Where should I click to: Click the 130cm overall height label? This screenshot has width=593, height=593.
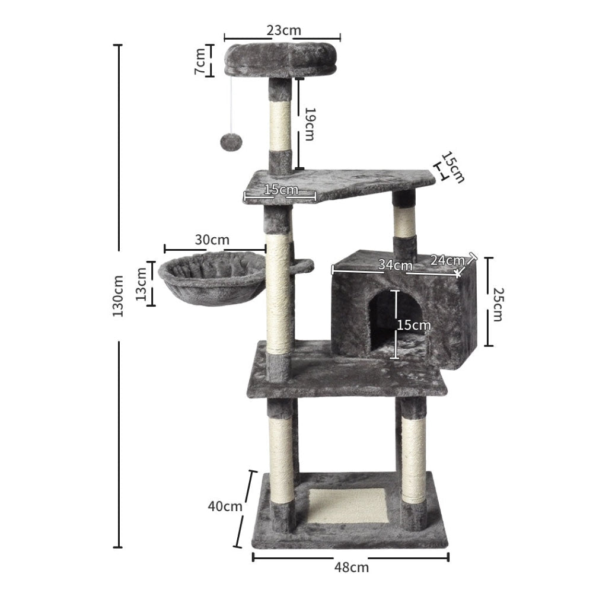(118, 295)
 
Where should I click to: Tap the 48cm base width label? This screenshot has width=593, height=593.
(350, 568)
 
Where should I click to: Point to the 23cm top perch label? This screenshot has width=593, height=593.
(283, 29)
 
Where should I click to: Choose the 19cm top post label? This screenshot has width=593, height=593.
(309, 124)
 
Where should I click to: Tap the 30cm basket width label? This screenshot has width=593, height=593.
(212, 240)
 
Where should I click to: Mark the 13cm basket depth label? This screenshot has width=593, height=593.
(142, 284)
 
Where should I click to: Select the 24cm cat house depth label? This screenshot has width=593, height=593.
(447, 260)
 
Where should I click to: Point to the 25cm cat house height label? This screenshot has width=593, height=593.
(497, 304)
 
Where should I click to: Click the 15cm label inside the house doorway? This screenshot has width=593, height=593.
(414, 325)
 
